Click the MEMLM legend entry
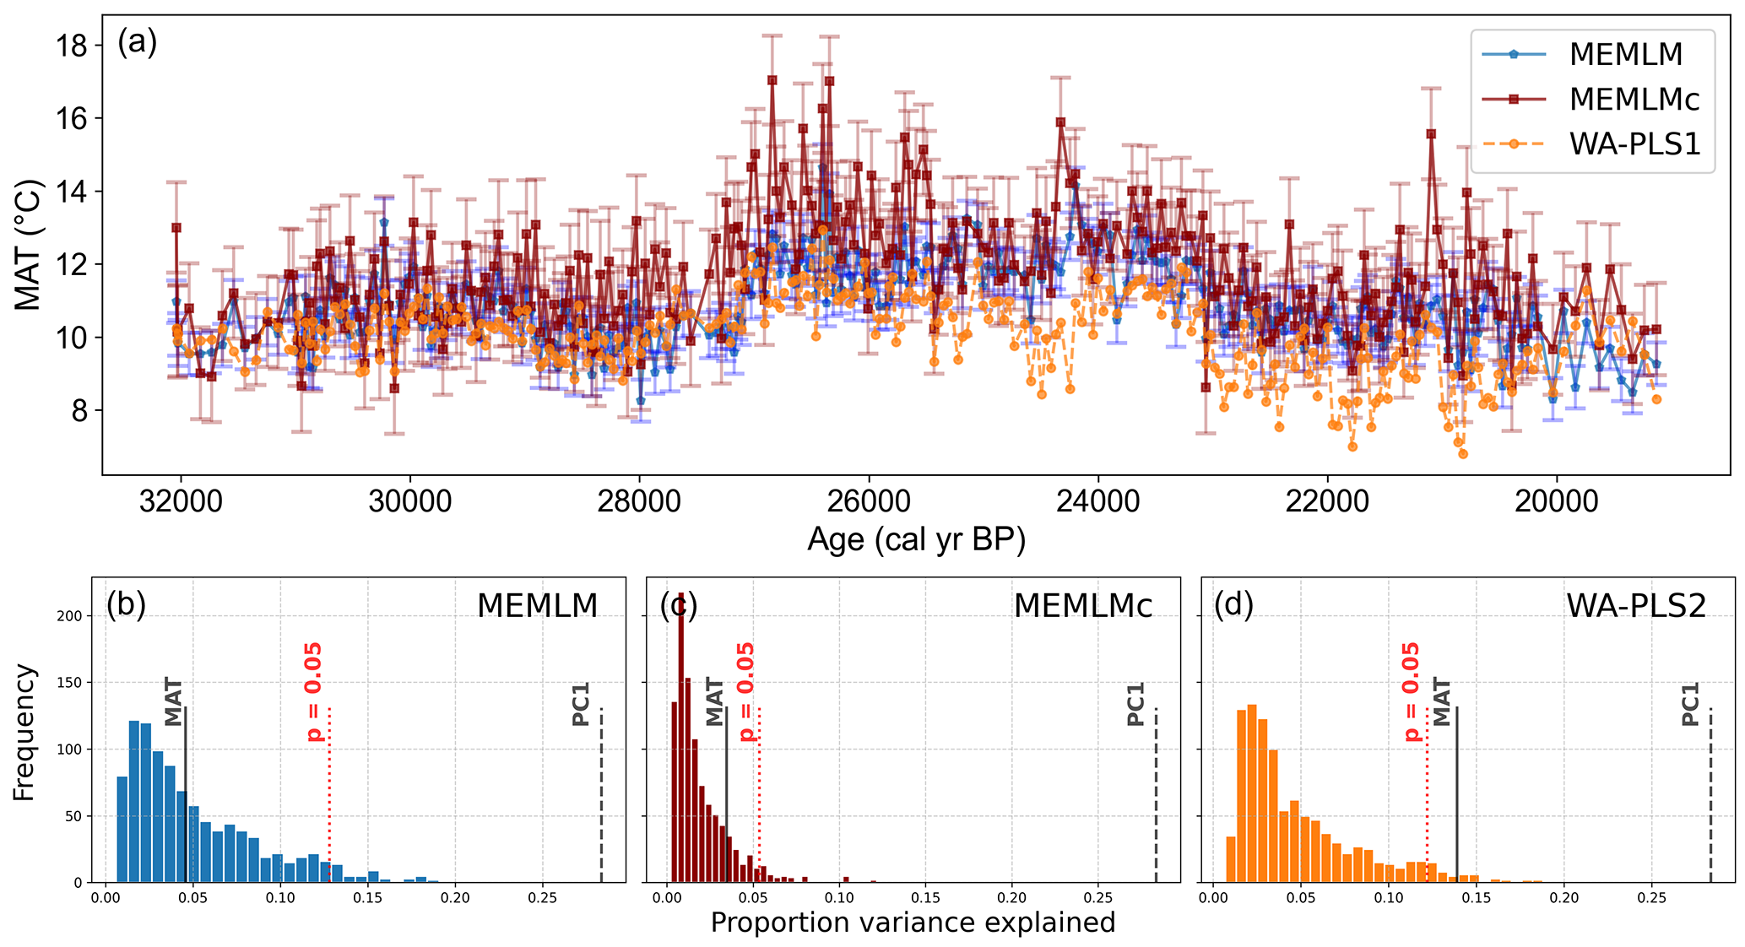click(1625, 54)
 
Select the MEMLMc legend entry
click(1634, 100)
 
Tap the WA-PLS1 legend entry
click(1634, 144)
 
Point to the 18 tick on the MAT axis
click(73, 46)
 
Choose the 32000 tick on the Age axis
click(180, 501)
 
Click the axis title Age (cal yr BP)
click(916, 539)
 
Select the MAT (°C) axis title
click(29, 244)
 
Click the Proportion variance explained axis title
click(913, 923)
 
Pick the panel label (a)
click(137, 41)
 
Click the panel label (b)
click(126, 605)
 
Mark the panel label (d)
click(1233, 605)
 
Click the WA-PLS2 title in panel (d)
click(1636, 606)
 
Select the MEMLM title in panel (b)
click(537, 606)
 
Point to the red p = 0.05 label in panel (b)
click(313, 692)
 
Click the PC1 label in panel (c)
click(1136, 704)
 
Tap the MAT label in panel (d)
click(1442, 701)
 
